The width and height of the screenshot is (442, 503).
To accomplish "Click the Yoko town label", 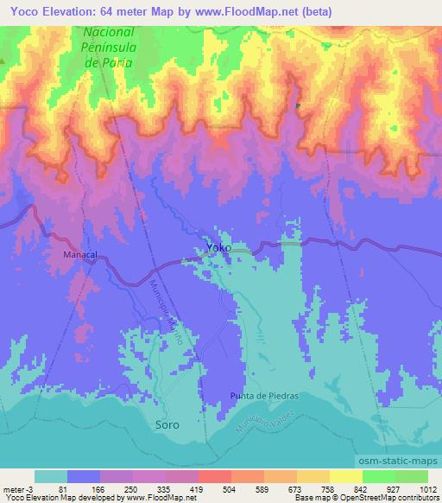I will coord(218,247).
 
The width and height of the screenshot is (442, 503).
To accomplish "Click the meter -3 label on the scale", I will coord(17,490).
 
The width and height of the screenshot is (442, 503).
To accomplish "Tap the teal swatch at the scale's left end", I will coord(51,476).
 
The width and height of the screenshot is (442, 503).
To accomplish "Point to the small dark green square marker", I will coord(299,106).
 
